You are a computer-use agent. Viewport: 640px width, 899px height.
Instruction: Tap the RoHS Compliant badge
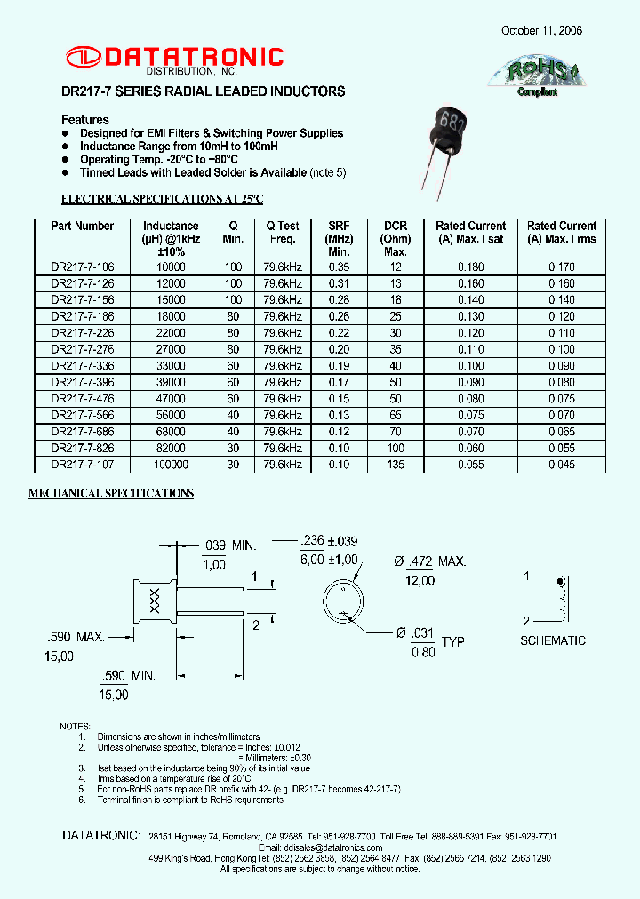pos(537,76)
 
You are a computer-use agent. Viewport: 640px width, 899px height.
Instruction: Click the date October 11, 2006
pos(541,30)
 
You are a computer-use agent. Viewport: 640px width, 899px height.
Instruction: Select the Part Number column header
pos(83,227)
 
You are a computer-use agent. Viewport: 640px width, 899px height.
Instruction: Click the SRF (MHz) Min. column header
pos(340,239)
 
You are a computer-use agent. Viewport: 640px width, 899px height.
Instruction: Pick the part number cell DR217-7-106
pos(83,267)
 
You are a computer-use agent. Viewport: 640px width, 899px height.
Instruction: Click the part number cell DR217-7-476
pos(83,399)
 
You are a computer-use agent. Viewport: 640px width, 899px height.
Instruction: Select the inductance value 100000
pos(171,465)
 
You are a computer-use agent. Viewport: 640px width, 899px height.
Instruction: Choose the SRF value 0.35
pos(340,267)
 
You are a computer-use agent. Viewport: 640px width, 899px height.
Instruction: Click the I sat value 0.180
pos(470,267)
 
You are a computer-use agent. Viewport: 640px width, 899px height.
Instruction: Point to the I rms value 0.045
pos(562,465)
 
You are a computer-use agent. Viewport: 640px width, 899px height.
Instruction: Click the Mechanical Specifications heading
pos(111,493)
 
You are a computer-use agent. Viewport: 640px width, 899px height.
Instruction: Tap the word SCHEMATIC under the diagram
pos(553,640)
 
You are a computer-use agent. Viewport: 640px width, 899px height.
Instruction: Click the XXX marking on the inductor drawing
pos(153,600)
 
